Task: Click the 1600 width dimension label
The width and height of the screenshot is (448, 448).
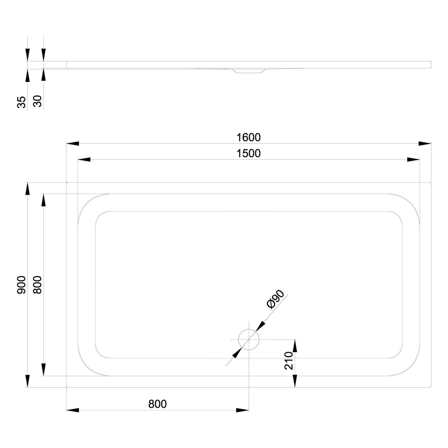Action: tap(248, 137)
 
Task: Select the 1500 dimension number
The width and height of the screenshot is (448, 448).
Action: tap(248, 154)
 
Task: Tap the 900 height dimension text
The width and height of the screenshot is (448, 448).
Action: tap(22, 285)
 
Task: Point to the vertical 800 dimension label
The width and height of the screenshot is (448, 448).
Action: tap(37, 285)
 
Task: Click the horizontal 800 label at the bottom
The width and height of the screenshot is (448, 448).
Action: tap(157, 404)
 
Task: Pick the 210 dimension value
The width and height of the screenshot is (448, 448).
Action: tap(289, 360)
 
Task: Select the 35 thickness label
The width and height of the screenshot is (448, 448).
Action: tap(22, 102)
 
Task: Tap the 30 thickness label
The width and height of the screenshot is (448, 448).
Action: tap(37, 102)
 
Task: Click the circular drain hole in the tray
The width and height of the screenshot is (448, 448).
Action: tap(248, 340)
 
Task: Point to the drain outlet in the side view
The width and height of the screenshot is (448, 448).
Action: tap(248, 71)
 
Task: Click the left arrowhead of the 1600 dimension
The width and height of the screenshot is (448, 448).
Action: tap(73, 144)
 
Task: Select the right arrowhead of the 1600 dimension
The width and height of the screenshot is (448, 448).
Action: tap(425, 144)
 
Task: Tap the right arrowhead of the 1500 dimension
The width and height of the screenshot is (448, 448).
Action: tap(414, 160)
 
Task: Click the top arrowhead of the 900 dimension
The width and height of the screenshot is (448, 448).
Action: tap(27, 189)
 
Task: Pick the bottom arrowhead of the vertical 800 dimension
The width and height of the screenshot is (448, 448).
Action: tap(44, 370)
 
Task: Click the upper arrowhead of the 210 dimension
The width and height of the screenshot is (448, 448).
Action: tap(295, 346)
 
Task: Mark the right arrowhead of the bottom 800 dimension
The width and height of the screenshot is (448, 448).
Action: tap(242, 410)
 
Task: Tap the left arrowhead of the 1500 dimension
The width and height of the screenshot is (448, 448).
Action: tap(84, 160)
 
